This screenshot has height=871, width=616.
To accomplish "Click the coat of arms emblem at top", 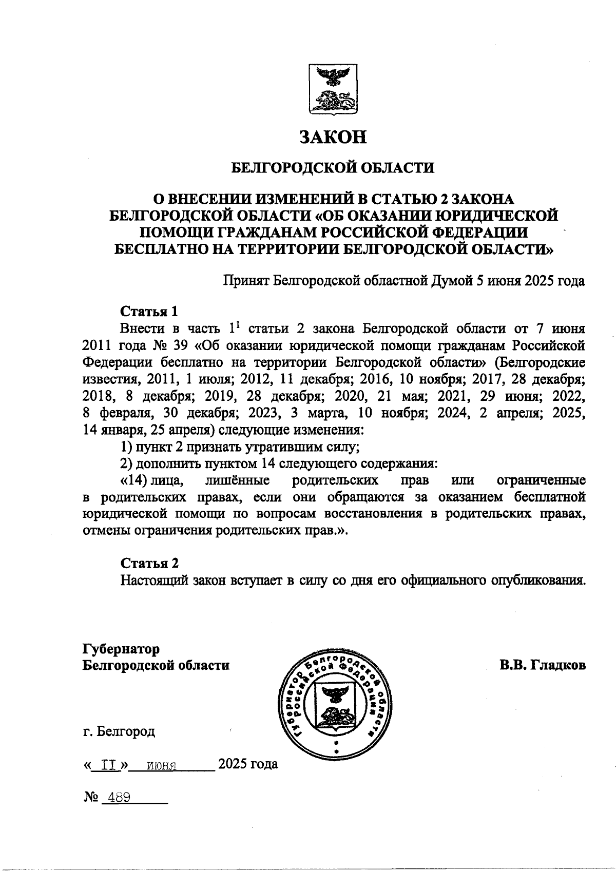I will click(x=334, y=89).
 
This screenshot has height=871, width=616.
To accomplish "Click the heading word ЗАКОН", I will click(x=334, y=137).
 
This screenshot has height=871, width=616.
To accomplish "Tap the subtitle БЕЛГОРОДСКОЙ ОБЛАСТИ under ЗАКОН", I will click(x=334, y=167).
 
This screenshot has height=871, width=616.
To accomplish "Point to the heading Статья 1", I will click(x=149, y=311).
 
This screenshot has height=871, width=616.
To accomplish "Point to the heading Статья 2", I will click(x=149, y=563).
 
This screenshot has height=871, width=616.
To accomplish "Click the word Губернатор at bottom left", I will click(x=121, y=649).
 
